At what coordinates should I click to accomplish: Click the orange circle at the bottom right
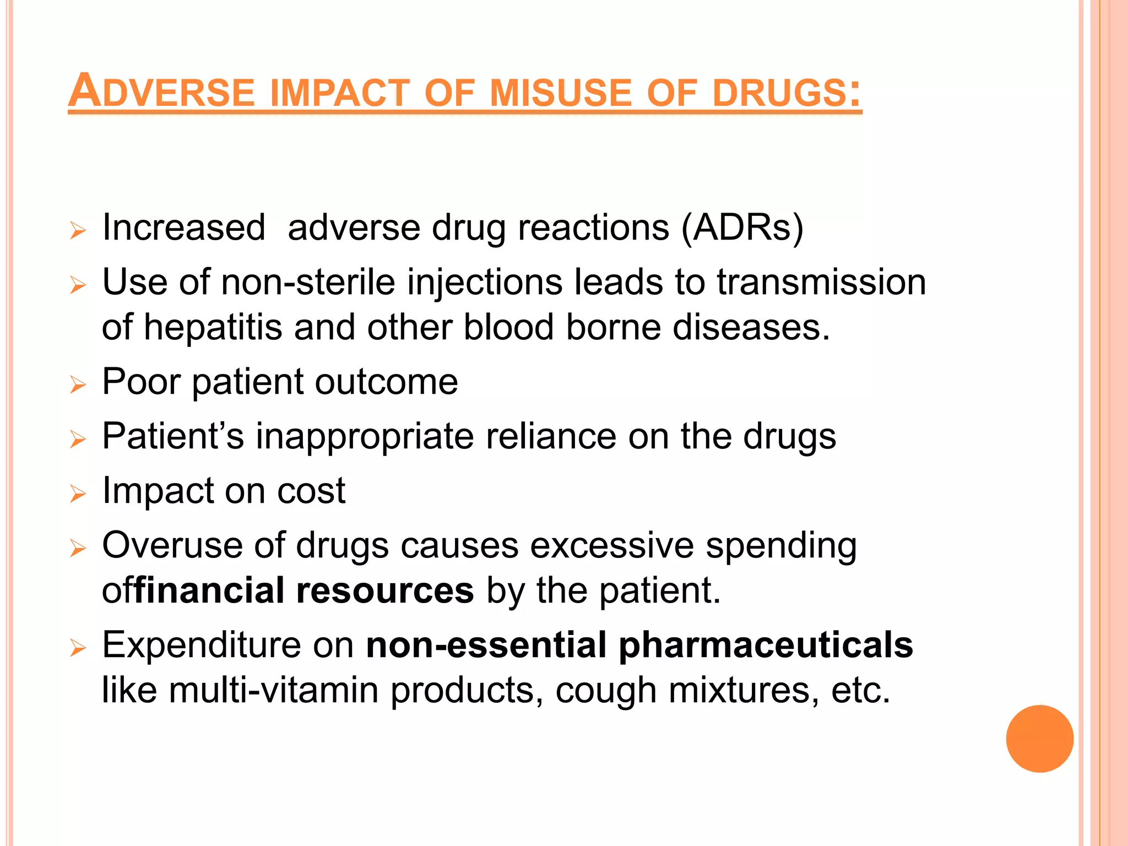[x=1039, y=739]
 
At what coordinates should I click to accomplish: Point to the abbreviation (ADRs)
[x=742, y=227]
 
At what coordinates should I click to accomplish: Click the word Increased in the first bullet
[x=184, y=227]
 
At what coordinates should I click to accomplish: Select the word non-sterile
[x=308, y=282]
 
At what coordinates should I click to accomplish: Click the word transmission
[x=821, y=282]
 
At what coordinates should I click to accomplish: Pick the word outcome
[x=386, y=381]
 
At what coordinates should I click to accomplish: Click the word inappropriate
[x=365, y=436]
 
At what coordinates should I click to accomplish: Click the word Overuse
[x=172, y=545]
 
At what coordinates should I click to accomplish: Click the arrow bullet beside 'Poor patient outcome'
[x=78, y=384]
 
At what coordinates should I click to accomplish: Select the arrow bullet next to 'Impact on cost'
[x=78, y=493]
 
